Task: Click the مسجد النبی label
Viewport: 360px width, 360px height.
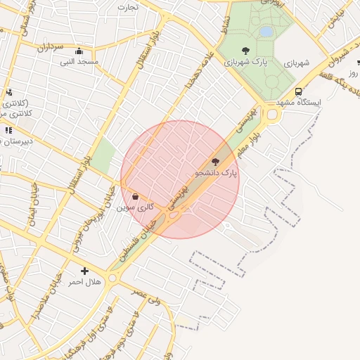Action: point(80,63)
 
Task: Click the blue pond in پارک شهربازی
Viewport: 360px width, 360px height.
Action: point(266,32)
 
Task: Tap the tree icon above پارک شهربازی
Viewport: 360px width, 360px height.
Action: point(245,50)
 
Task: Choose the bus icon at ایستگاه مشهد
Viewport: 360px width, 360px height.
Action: point(299,91)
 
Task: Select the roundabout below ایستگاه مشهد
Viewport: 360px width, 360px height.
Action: point(271,114)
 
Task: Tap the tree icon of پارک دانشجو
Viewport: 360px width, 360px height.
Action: point(215,162)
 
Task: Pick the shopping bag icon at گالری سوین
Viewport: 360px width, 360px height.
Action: point(135,197)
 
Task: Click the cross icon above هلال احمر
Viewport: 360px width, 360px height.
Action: point(85,271)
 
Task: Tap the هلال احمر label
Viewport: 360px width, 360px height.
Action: point(84,282)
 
